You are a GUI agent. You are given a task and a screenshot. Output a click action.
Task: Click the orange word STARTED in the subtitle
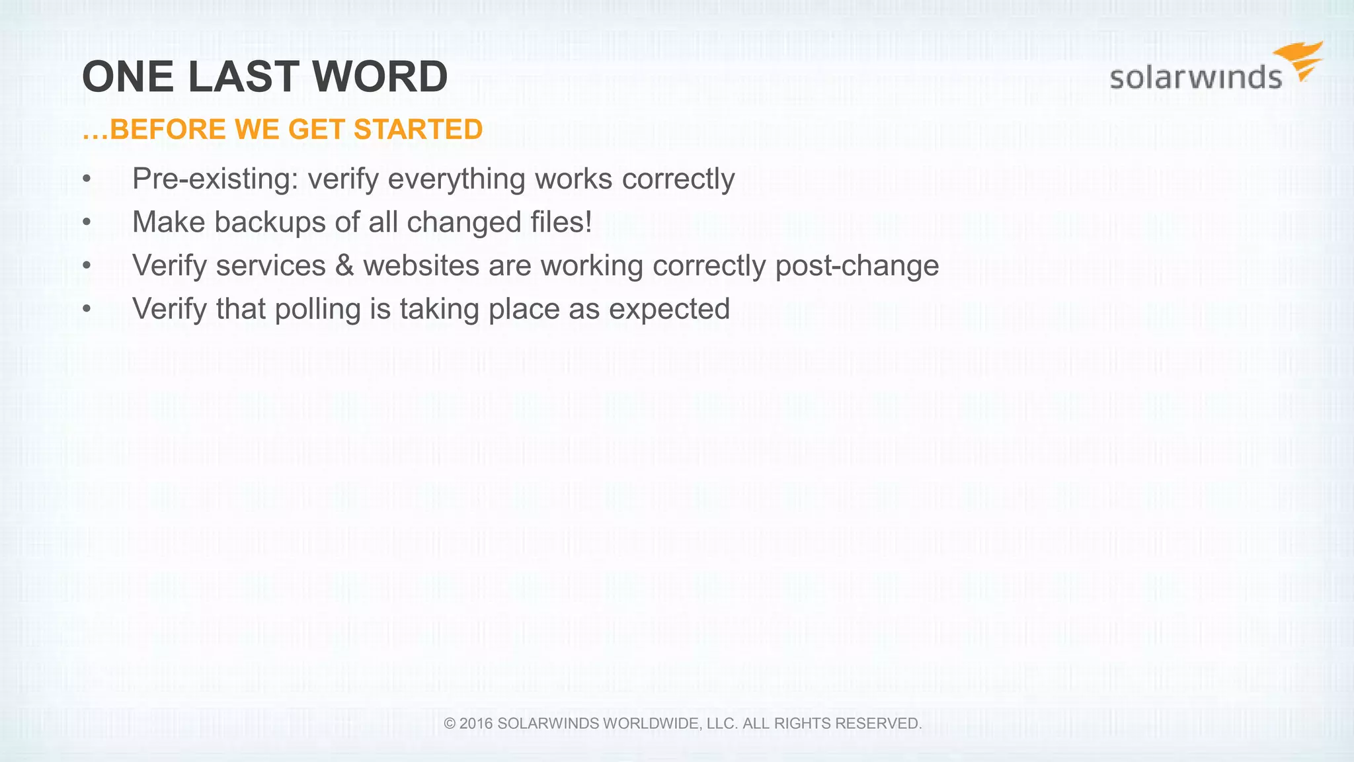(418, 129)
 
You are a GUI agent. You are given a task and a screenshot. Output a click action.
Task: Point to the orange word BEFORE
(167, 129)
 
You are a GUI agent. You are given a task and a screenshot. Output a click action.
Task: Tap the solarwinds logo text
(1195, 77)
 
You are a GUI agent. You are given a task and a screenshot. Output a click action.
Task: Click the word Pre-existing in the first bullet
(216, 179)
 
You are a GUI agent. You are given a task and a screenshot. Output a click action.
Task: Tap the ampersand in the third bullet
(344, 265)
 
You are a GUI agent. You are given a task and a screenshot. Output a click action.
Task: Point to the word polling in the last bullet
(317, 309)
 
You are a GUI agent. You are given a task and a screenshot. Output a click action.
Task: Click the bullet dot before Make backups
(87, 222)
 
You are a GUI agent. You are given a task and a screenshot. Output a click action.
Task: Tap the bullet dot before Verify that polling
(87, 309)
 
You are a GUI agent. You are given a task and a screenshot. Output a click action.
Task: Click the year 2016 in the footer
(476, 724)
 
